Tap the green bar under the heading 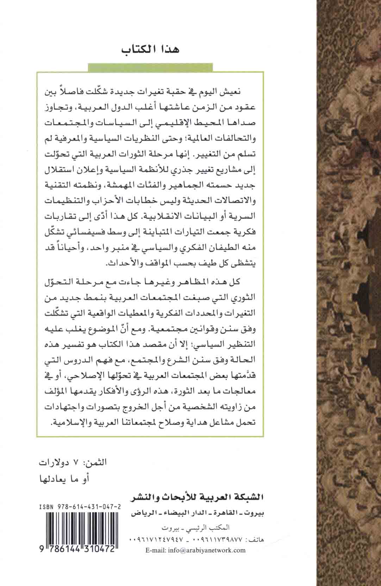click(151, 67)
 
